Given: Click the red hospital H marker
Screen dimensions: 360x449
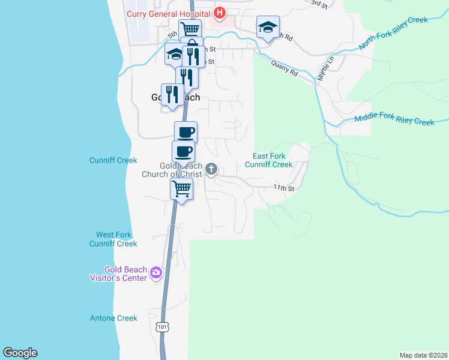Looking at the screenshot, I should [x=220, y=12].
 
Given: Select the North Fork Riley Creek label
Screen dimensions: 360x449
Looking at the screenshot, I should [x=393, y=34].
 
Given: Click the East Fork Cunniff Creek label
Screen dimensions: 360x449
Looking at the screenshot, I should [x=268, y=160].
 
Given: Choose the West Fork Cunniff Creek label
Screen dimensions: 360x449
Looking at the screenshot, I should [x=113, y=239].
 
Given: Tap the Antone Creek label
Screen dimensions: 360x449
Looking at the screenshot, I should [x=113, y=318].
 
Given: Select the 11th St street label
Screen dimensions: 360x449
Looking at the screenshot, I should [x=283, y=188].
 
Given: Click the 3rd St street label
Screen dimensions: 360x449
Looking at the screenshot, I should [x=319, y=4].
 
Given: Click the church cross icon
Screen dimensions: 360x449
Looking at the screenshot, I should [x=211, y=170].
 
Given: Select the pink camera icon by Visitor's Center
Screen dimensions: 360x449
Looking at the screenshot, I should [x=156, y=274].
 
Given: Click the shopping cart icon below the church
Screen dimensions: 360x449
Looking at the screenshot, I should [x=181, y=189].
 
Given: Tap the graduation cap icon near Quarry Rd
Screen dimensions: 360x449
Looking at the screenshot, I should [x=268, y=27].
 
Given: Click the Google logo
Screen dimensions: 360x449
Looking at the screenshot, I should [x=20, y=353].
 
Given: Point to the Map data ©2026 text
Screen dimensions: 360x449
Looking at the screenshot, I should [x=423, y=355].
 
